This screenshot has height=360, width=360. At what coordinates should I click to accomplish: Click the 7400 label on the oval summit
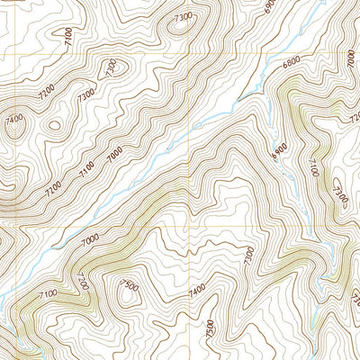(x=13, y=119)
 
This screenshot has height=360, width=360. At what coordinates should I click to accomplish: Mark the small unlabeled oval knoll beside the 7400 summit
(x=51, y=127)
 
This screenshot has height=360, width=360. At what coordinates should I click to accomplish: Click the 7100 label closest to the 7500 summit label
(x=47, y=292)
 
